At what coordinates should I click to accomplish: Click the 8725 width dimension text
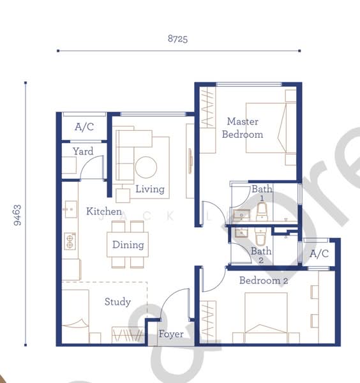pos(178,39)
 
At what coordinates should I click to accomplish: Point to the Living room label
pos(150,189)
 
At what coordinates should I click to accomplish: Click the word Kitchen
pos(104,211)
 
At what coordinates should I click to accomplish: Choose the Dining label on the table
pos(128,244)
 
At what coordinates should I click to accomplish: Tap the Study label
pos(117,302)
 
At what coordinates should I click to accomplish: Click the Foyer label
pos(171,334)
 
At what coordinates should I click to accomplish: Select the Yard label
pos(83,151)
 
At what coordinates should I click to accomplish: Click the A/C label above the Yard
pos(84,127)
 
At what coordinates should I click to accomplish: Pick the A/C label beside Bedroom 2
pos(319,253)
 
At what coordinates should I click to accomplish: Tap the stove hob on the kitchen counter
pos(70,241)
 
